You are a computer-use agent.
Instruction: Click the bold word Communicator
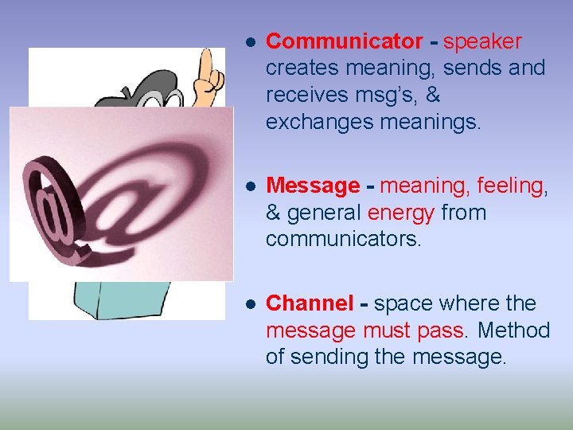(x=345, y=41)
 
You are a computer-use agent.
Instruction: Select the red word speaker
(x=482, y=41)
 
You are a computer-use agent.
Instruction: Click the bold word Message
(x=313, y=186)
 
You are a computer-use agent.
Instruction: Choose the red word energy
(x=401, y=213)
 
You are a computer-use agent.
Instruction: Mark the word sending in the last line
(x=331, y=358)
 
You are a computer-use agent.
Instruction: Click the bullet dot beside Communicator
(x=249, y=42)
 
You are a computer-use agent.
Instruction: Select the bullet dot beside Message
(x=249, y=187)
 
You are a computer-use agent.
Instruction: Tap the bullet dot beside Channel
(x=249, y=304)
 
